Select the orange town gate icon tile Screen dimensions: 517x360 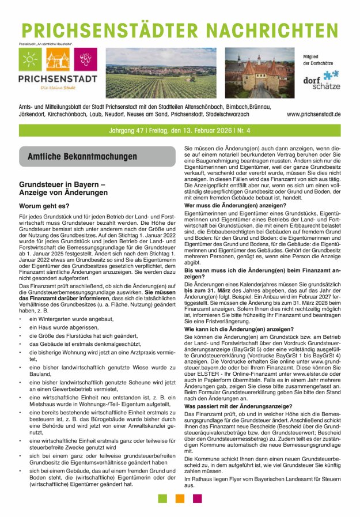(x=57, y=60)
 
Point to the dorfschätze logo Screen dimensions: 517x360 (x=321, y=80)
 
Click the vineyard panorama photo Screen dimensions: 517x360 (x=161, y=73)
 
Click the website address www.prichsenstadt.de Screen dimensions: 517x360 (x=313, y=115)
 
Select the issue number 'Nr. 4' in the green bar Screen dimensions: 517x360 (x=240, y=131)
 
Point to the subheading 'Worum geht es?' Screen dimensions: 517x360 (x=44, y=205)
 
